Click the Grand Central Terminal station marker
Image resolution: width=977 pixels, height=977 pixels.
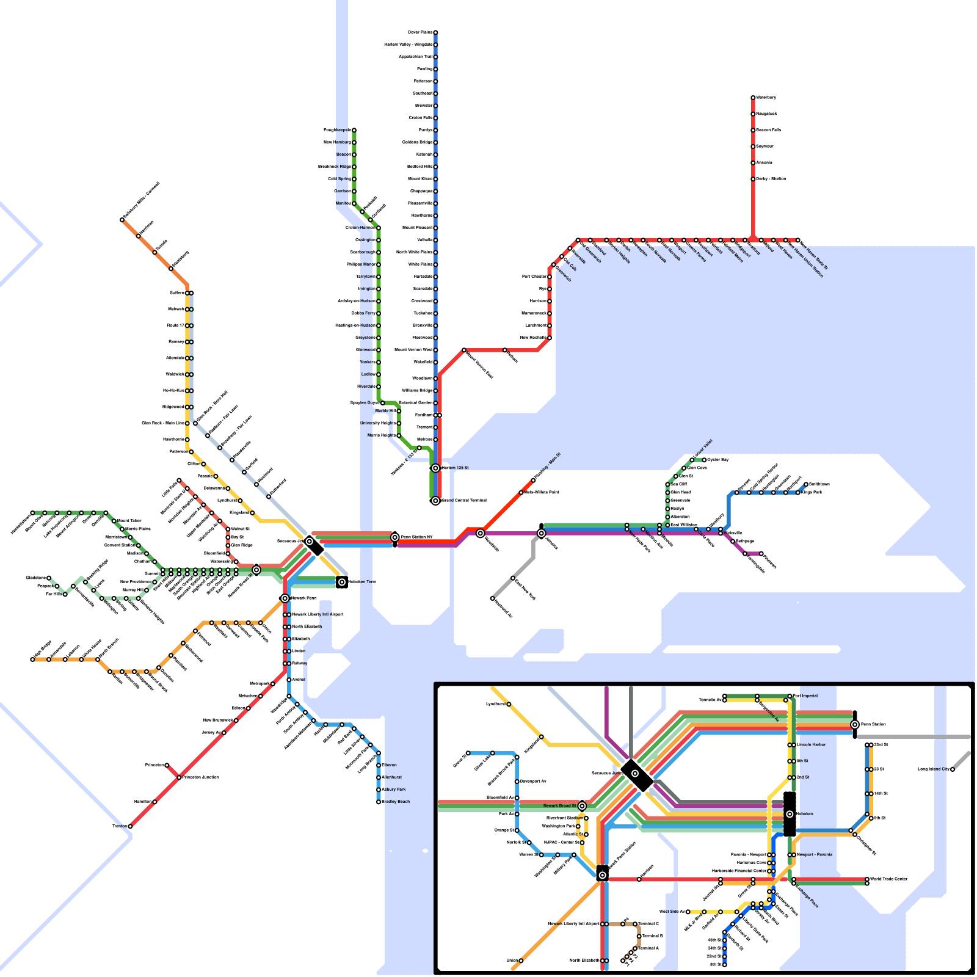pyautogui.click(x=435, y=501)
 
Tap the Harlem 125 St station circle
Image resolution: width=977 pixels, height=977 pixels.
pyautogui.click(x=435, y=468)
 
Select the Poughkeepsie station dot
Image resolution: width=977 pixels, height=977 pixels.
pyautogui.click(x=354, y=130)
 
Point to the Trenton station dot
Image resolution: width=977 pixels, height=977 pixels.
pyautogui.click(x=130, y=826)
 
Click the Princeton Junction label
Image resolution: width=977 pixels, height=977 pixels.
pyautogui.click(x=201, y=777)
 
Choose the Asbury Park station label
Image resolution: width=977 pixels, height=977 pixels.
pyautogui.click(x=394, y=790)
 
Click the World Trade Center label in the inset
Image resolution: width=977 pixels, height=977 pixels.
pyautogui.click(x=888, y=879)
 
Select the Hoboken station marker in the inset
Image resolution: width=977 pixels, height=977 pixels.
pyautogui.click(x=790, y=814)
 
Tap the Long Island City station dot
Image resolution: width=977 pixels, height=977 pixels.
pyautogui.click(x=953, y=769)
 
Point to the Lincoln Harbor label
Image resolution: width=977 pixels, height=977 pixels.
pyautogui.click(x=811, y=745)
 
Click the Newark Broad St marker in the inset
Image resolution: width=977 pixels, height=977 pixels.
pyautogui.click(x=582, y=806)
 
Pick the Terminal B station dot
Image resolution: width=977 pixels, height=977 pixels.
pyautogui.click(x=639, y=936)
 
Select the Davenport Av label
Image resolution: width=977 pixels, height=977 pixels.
pyautogui.click(x=533, y=782)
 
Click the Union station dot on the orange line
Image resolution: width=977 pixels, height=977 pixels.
pyautogui.click(x=521, y=961)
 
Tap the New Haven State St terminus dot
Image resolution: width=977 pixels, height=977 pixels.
pyautogui.click(x=797, y=240)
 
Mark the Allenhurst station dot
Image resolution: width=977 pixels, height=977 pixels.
pyautogui.click(x=379, y=777)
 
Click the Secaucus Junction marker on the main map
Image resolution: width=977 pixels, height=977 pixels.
pyautogui.click(x=310, y=542)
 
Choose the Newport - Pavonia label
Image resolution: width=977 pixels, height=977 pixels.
pyautogui.click(x=814, y=855)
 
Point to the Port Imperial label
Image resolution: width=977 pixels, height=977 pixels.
pyautogui.click(x=805, y=696)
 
